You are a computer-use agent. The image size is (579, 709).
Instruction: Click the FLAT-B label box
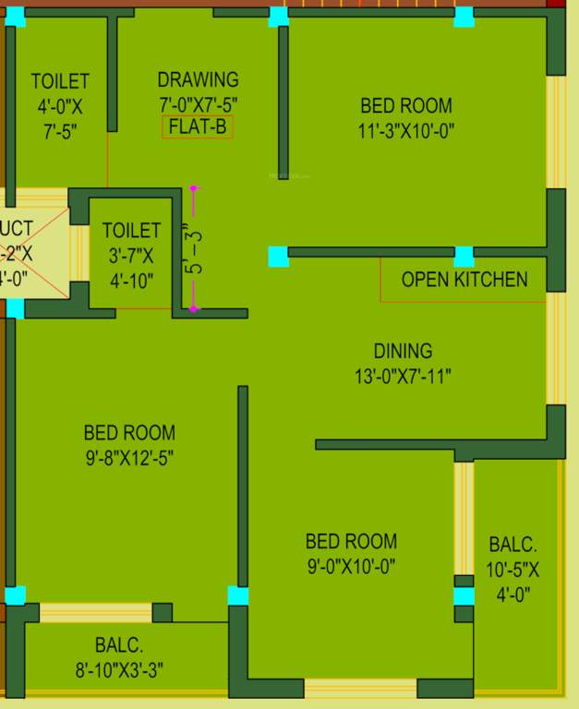[198, 127]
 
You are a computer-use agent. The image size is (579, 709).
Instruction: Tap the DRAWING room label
[198, 80]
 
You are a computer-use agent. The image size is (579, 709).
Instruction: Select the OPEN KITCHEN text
[464, 280]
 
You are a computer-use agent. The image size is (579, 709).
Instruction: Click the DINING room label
[403, 351]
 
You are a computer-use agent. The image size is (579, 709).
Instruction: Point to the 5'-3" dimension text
[192, 249]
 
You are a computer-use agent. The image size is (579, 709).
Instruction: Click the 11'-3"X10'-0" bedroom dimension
[406, 131]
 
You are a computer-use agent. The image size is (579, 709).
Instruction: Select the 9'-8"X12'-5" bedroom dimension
[129, 457]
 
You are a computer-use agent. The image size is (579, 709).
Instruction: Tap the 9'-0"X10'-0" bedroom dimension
[352, 567]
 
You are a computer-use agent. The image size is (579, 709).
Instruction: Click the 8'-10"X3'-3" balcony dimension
[119, 670]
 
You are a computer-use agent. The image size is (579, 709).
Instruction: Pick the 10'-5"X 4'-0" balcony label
[513, 570]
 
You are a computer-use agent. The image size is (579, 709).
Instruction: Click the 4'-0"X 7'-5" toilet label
[60, 106]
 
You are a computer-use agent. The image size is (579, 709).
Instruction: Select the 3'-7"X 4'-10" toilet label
[131, 254]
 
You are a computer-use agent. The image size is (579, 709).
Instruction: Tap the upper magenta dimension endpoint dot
[193, 188]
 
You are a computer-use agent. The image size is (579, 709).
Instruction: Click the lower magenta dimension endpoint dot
[193, 308]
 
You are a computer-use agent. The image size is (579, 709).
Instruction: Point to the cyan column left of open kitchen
[278, 256]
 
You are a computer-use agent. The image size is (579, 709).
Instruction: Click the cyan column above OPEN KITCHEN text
[464, 256]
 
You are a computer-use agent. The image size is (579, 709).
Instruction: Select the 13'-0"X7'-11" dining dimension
[403, 376]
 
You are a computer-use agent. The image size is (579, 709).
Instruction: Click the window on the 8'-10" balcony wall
[95, 612]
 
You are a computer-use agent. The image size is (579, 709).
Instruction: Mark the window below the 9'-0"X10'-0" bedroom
[360, 688]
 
